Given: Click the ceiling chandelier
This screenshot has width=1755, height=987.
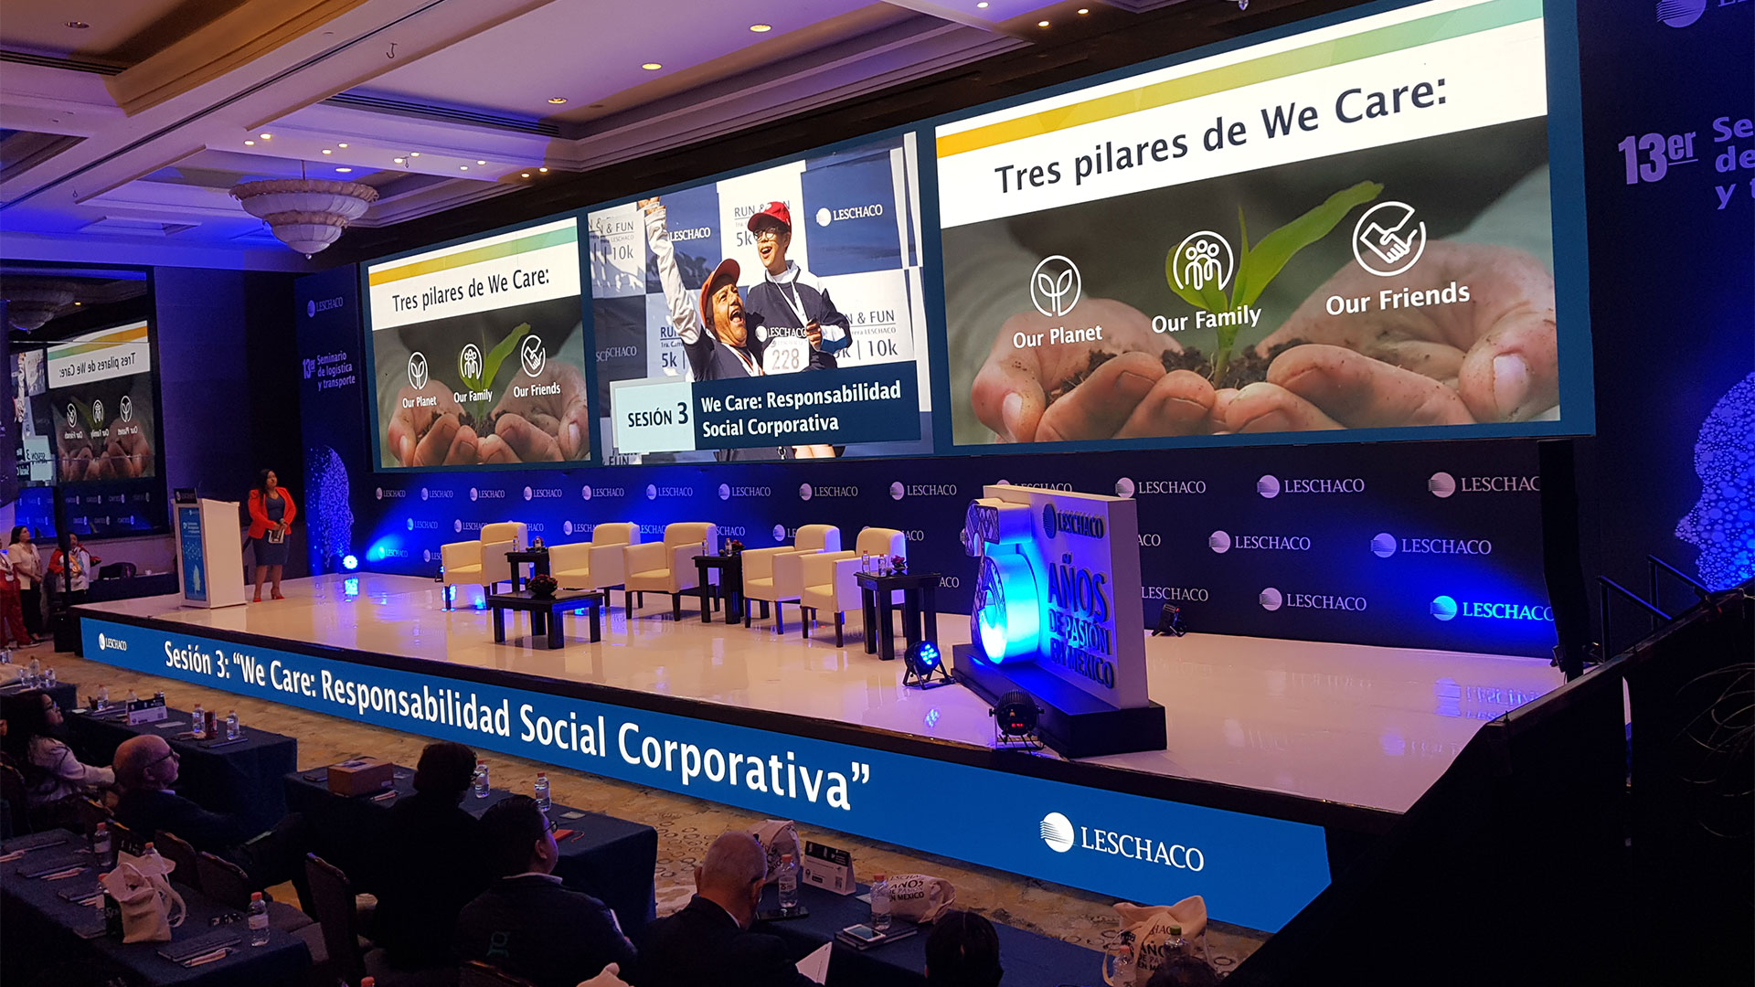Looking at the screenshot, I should click(304, 212).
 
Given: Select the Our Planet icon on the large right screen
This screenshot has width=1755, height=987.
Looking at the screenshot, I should click(1055, 286).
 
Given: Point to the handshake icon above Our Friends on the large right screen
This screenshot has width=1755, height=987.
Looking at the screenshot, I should click(1388, 239).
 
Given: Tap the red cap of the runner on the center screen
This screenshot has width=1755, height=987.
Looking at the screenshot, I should click(771, 215).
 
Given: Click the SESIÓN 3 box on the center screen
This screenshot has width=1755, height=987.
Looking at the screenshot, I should click(655, 417).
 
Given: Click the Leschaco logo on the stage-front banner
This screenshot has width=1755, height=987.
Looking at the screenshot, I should click(1122, 844).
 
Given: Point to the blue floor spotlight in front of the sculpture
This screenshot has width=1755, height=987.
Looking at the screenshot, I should click(926, 658).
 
